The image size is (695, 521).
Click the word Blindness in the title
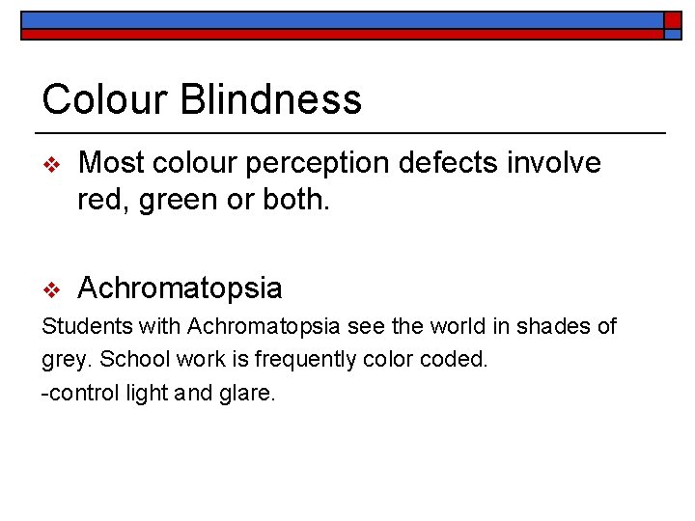coord(282,99)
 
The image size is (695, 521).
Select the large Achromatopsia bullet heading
coord(180,288)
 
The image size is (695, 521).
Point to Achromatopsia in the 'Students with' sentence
coord(254,327)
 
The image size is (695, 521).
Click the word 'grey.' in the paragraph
coord(65,361)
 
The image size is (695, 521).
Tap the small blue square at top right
coord(672,20)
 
